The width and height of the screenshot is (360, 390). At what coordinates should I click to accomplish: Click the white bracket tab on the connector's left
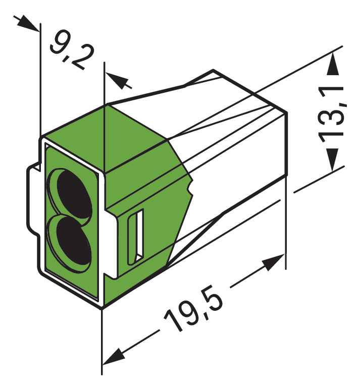tap(32, 202)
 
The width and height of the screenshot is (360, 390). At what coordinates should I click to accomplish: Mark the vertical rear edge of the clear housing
tap(287, 146)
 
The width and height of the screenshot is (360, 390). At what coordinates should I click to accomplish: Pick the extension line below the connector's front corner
tap(102, 343)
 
